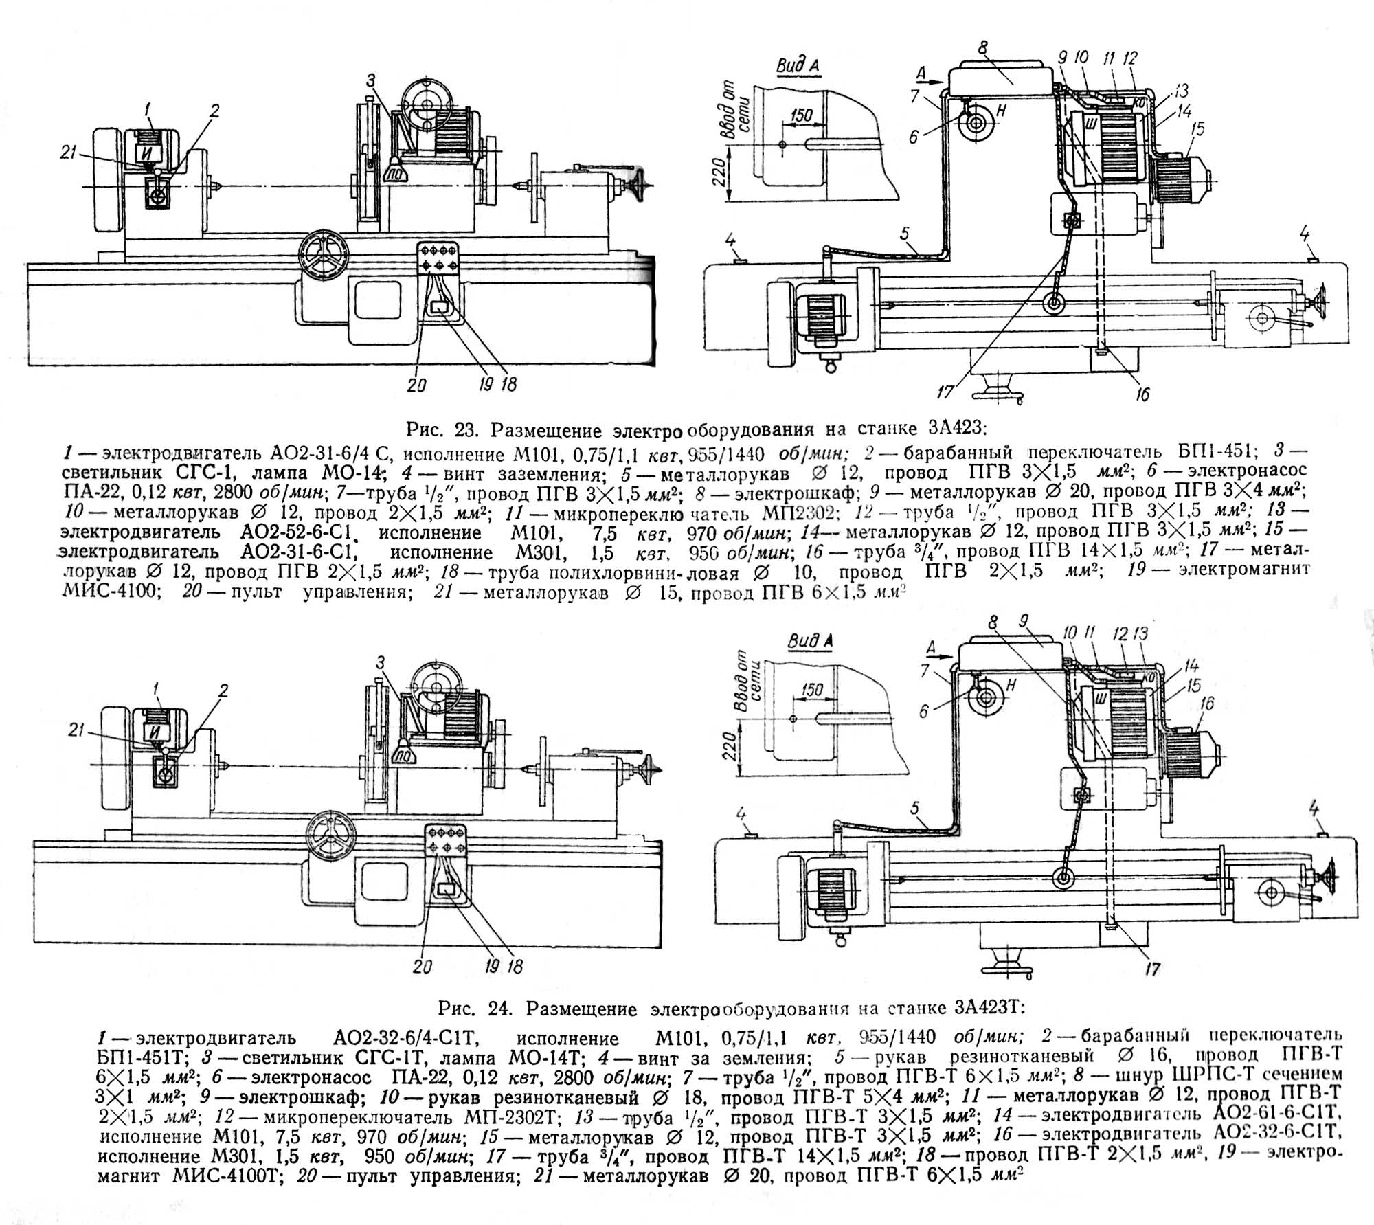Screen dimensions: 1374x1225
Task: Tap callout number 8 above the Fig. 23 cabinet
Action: [982, 48]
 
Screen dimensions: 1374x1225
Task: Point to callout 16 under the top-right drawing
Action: [1142, 394]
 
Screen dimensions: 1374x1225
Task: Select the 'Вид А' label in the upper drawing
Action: [799, 66]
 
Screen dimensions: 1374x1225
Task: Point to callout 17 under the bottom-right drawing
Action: [1152, 969]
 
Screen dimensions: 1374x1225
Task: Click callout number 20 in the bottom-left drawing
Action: [422, 967]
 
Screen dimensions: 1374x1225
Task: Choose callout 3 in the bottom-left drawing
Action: [381, 663]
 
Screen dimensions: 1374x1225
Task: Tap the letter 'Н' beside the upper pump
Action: [1000, 111]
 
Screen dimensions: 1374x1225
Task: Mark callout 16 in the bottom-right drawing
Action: [1207, 702]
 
